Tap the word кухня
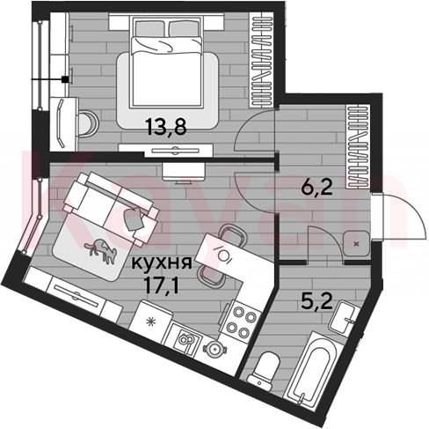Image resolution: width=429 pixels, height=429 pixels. (x=162, y=263)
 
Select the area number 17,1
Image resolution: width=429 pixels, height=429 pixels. (x=161, y=285)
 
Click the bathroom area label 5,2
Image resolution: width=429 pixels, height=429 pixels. (x=317, y=300)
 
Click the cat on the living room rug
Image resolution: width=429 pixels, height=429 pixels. (x=101, y=249)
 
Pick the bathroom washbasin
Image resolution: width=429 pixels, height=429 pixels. (x=345, y=318)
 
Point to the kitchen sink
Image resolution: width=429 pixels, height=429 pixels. (x=186, y=339)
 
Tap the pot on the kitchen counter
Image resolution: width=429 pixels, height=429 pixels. (x=215, y=349)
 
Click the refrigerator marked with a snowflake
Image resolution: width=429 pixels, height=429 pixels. (x=152, y=321)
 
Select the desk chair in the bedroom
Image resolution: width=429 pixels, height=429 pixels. (x=88, y=123)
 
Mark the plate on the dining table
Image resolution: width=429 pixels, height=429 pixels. (x=226, y=255)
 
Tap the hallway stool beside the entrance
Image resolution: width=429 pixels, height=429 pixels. (x=357, y=243)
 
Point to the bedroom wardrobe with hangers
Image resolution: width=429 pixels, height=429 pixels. (x=261, y=60)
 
